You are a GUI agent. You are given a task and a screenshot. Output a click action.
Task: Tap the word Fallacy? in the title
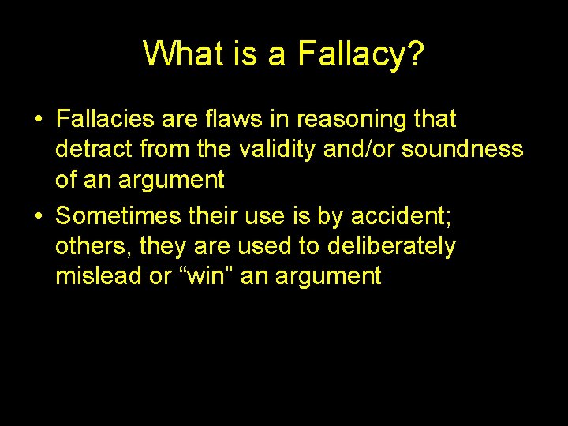(x=361, y=54)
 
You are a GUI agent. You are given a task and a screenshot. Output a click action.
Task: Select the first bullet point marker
(x=38, y=120)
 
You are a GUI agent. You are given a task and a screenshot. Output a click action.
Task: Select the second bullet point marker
(x=38, y=215)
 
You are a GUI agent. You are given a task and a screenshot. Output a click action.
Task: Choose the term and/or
(x=360, y=149)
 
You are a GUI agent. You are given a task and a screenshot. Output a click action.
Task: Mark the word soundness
(x=462, y=149)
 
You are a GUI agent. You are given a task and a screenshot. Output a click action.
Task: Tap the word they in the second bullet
(x=164, y=246)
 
